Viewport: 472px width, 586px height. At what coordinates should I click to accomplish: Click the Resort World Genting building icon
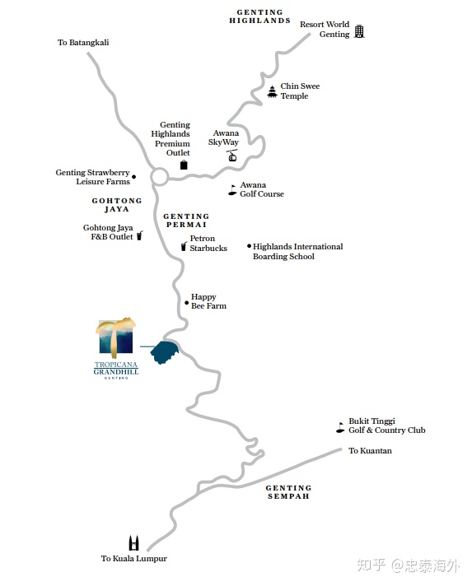click(359, 31)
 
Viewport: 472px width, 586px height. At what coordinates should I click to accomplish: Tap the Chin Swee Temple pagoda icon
click(273, 91)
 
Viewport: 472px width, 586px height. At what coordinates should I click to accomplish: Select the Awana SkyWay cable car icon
click(232, 156)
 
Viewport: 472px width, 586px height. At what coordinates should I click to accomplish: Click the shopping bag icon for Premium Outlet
click(184, 165)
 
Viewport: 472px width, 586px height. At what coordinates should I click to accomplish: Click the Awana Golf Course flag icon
click(232, 190)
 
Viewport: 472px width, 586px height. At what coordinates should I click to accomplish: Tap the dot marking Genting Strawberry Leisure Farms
click(134, 177)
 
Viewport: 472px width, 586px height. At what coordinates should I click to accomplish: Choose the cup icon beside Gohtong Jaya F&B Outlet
click(139, 235)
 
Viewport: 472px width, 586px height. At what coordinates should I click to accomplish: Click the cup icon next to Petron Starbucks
click(184, 246)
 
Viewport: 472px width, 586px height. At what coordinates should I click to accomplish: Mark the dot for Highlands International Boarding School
click(249, 246)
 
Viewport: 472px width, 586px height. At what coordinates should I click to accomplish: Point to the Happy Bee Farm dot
click(187, 303)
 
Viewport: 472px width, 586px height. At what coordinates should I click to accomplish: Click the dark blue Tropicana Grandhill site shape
click(164, 352)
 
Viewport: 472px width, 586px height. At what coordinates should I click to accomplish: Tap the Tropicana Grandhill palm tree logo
click(115, 337)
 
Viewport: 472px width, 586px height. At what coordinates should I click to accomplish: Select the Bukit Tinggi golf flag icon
click(340, 427)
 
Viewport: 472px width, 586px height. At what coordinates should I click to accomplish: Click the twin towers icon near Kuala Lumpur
click(134, 543)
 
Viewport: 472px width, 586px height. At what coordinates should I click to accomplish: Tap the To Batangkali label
click(83, 42)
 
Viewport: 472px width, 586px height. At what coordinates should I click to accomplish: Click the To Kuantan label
click(370, 450)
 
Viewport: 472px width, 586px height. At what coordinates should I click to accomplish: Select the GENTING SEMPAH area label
click(288, 492)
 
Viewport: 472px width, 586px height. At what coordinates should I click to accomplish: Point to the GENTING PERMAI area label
click(186, 220)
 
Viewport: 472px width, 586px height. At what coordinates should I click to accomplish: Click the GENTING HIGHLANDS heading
click(259, 16)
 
